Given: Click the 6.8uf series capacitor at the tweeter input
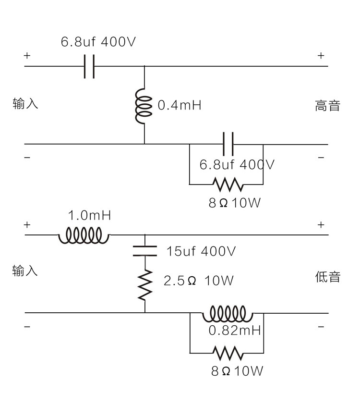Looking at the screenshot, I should (89, 66).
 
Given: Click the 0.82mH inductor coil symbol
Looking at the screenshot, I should (227, 314).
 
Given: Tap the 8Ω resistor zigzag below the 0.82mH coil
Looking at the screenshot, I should (228, 354).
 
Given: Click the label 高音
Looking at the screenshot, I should (327, 106).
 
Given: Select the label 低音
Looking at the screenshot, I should (327, 277).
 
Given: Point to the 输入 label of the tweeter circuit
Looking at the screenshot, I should (25, 103).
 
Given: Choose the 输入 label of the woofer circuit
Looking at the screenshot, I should (25, 271).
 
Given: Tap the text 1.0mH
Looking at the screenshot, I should (89, 215).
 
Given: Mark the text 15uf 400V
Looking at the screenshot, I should (201, 251).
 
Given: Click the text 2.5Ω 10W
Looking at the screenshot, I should (198, 281).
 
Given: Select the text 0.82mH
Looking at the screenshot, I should (234, 331).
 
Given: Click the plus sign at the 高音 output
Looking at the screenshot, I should (321, 56).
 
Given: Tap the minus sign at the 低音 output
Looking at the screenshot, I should (321, 327).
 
